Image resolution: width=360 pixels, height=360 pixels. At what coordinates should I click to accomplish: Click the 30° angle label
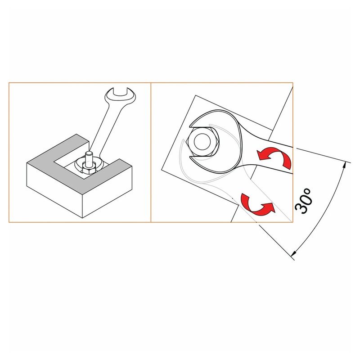tap(303, 201)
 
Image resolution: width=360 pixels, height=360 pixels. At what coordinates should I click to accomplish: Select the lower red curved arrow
tap(257, 204)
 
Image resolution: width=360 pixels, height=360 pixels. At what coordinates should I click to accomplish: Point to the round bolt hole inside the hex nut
tap(202, 141)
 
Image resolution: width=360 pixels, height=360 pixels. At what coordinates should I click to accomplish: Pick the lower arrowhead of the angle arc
tap(293, 253)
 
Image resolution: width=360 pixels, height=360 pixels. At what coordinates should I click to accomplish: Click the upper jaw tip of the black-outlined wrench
tap(190, 126)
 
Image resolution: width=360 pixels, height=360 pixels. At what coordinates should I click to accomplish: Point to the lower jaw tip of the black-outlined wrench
tap(190, 157)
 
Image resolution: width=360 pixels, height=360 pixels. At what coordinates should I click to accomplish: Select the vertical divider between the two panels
tap(151, 153)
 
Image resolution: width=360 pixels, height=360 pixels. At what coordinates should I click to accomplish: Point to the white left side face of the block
tap(54, 190)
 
